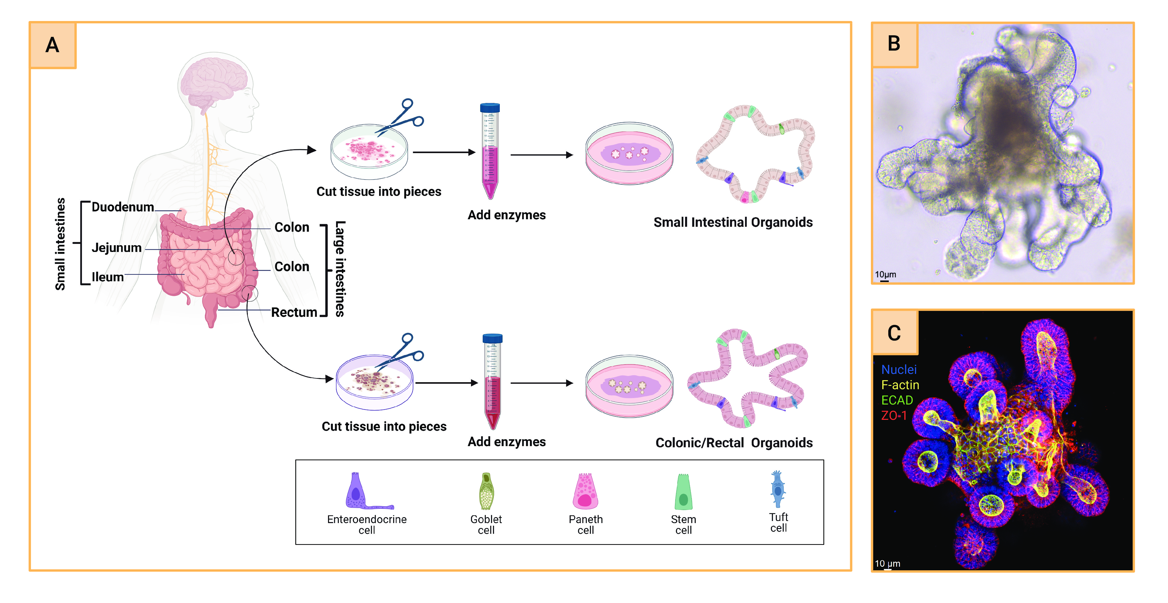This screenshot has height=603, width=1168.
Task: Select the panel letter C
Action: tap(894, 333)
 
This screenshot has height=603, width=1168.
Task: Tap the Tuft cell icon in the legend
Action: tap(778, 489)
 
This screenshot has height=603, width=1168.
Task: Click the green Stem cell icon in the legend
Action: tap(683, 492)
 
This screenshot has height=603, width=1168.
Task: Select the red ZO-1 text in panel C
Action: tap(894, 415)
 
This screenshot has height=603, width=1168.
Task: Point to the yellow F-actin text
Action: tap(900, 385)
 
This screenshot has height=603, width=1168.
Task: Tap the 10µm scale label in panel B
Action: tap(885, 274)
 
